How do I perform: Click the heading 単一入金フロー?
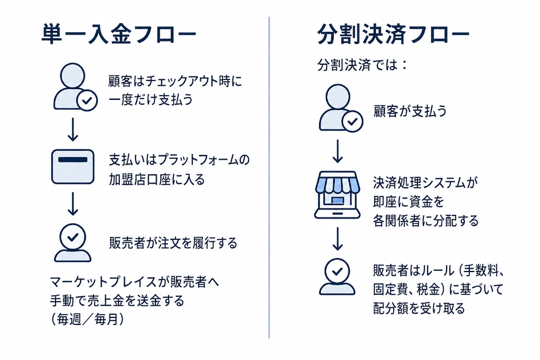(x=119, y=35)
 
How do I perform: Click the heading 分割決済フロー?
(x=393, y=35)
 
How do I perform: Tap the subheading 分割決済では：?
(x=362, y=65)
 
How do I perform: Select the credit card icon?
(x=73, y=167)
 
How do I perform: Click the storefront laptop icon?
(x=337, y=195)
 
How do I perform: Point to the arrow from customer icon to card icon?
(x=73, y=130)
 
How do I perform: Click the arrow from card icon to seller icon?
(x=73, y=203)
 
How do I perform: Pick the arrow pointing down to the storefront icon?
(x=338, y=151)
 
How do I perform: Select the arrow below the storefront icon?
(x=338, y=239)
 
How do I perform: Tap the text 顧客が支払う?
(x=410, y=111)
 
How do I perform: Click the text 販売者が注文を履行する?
(x=173, y=243)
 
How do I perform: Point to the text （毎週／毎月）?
(x=87, y=320)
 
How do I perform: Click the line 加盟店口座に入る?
(x=157, y=179)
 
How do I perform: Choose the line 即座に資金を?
(x=408, y=201)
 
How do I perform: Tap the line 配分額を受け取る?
(x=419, y=308)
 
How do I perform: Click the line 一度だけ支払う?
(x=151, y=100)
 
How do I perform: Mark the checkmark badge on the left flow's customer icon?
(x=87, y=100)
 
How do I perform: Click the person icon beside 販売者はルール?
(x=337, y=276)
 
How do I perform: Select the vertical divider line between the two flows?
(x=269, y=178)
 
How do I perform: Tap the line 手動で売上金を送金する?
(x=117, y=301)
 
